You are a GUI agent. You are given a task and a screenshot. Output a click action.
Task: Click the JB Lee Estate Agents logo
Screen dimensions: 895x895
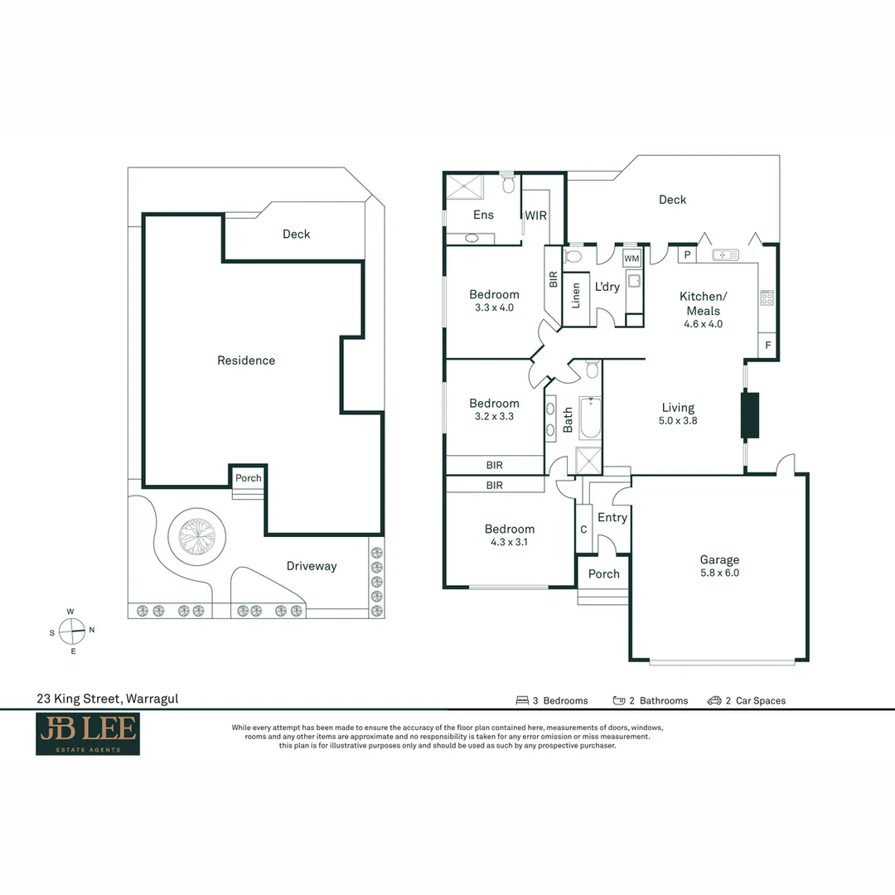coord(87,734)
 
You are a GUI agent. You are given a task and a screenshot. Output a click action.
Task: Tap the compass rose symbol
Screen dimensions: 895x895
coord(73,631)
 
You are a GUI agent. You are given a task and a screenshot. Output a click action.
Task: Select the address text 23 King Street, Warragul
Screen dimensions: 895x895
coord(107,699)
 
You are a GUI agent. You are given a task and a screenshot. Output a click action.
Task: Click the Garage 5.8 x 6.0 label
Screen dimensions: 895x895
coord(718,566)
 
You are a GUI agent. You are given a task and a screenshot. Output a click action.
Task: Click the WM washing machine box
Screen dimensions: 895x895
coord(631,259)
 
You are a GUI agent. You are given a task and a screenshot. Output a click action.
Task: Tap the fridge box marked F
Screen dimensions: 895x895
coord(767,346)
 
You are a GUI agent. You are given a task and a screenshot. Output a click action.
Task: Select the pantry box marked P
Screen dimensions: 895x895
coord(687,255)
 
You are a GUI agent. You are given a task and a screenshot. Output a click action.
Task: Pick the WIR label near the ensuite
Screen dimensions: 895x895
coord(535,215)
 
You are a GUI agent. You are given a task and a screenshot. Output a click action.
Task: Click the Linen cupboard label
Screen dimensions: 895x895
coord(576,296)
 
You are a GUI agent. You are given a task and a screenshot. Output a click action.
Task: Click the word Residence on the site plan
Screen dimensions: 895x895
coord(246,360)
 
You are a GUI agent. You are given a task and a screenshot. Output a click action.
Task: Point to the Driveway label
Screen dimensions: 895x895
coord(312,566)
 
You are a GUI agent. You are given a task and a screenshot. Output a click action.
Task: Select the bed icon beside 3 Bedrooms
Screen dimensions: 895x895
coord(522,700)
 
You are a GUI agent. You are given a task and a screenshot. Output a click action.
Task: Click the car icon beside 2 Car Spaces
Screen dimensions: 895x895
coord(714,700)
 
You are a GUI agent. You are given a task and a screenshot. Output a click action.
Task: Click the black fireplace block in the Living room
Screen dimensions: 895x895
coord(750,414)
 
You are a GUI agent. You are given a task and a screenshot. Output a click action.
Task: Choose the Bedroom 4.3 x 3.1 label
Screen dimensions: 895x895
coord(510,535)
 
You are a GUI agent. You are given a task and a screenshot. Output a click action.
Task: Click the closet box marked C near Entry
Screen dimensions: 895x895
coord(583,530)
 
